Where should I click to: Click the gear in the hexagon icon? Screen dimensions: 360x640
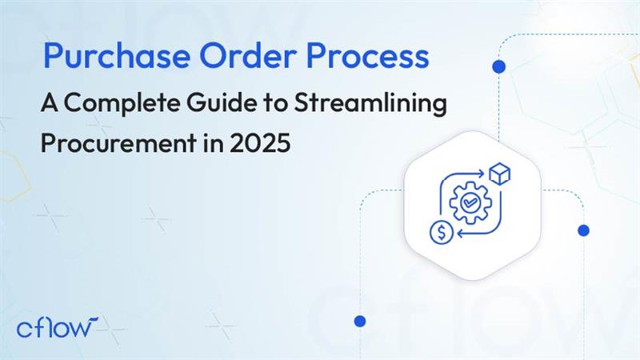click(x=467, y=204)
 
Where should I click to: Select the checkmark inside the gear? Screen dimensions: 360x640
click(x=467, y=204)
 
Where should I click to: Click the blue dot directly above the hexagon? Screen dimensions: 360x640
click(x=501, y=66)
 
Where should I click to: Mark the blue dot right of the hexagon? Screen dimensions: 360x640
click(x=583, y=230)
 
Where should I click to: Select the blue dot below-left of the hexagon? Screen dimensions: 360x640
click(x=359, y=321)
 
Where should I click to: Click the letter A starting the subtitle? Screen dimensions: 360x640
click(x=50, y=104)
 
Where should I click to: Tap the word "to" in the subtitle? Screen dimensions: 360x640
click(x=259, y=104)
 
